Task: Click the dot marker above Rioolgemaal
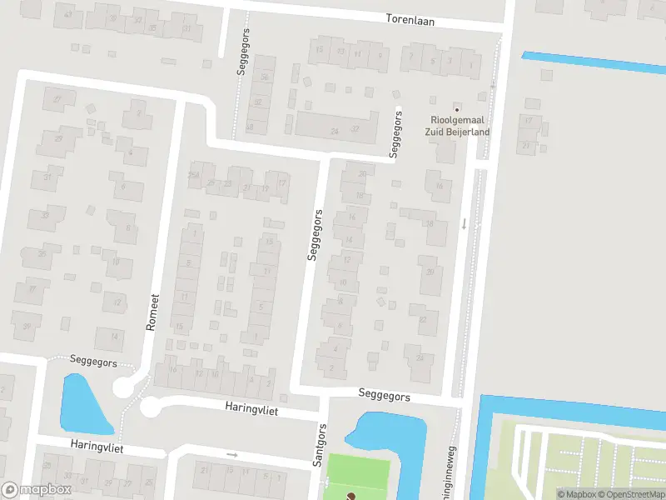tap(456, 109)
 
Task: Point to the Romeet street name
tap(152, 312)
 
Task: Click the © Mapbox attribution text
tap(575, 494)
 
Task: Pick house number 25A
tap(194, 175)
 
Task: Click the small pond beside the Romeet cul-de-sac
tap(85, 405)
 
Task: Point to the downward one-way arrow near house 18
tap(464, 223)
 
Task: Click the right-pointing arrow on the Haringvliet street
tap(232, 455)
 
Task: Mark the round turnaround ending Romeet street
tap(123, 387)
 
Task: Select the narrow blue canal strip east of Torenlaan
tap(591, 62)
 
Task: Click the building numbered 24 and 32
tap(336, 128)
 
